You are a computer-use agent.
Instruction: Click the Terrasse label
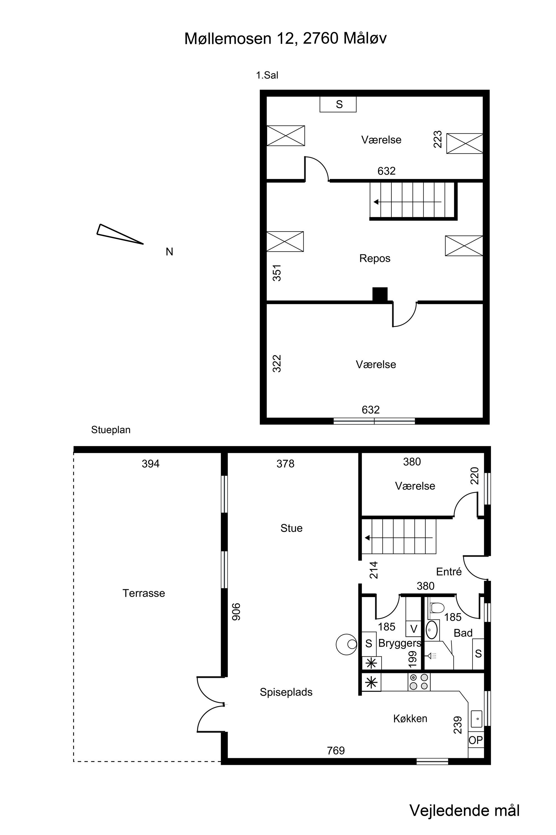[144, 593]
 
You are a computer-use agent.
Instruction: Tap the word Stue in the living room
[291, 528]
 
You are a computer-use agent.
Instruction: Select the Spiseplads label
[286, 692]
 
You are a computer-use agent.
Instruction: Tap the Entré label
[449, 572]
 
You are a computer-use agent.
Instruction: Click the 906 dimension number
[236, 612]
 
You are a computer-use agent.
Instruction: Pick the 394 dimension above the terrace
[151, 464]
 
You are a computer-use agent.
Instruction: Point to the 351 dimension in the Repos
[277, 273]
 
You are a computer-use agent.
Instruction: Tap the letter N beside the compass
[170, 252]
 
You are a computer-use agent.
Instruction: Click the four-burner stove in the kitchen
[419, 682]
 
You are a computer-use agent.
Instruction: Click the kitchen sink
[476, 719]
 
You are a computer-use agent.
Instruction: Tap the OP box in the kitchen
[476, 740]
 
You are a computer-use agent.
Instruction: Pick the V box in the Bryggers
[413, 629]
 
